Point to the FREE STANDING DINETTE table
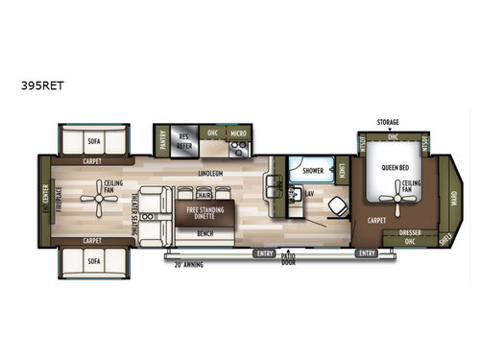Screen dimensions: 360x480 (204, 212)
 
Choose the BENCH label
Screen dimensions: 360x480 (204, 233)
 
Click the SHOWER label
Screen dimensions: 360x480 (311, 170)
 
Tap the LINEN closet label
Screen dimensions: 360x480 (343, 171)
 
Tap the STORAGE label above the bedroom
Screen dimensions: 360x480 (388, 123)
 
